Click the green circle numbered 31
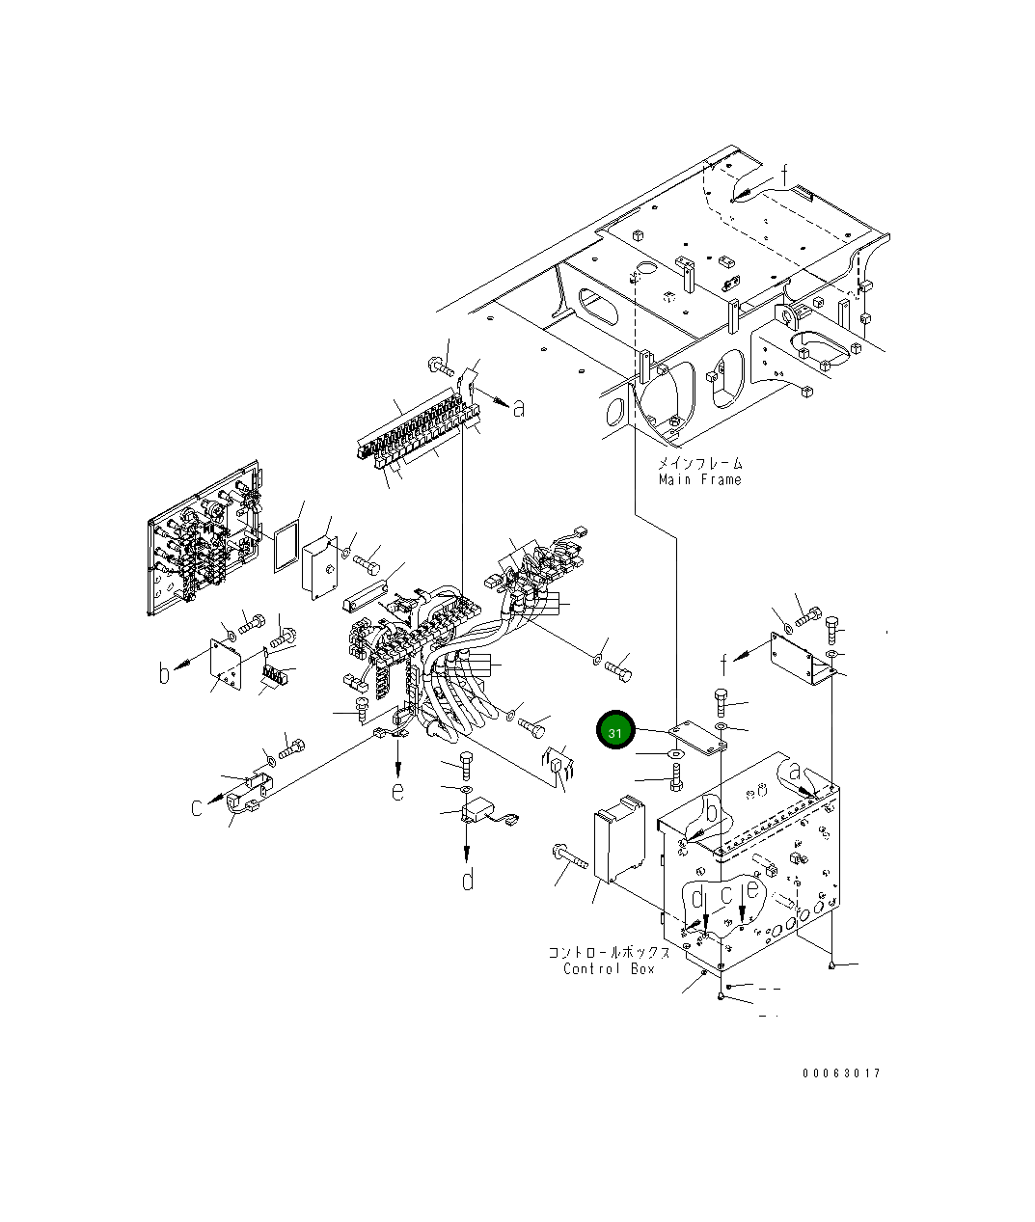tap(615, 730)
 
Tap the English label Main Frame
tap(700, 479)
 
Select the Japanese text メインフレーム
tap(700, 463)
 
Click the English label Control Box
tap(610, 969)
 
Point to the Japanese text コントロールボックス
tap(610, 952)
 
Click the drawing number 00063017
tap(842, 1073)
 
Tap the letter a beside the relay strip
tap(519, 408)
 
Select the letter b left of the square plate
tap(164, 673)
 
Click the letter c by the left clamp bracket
tap(197, 807)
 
